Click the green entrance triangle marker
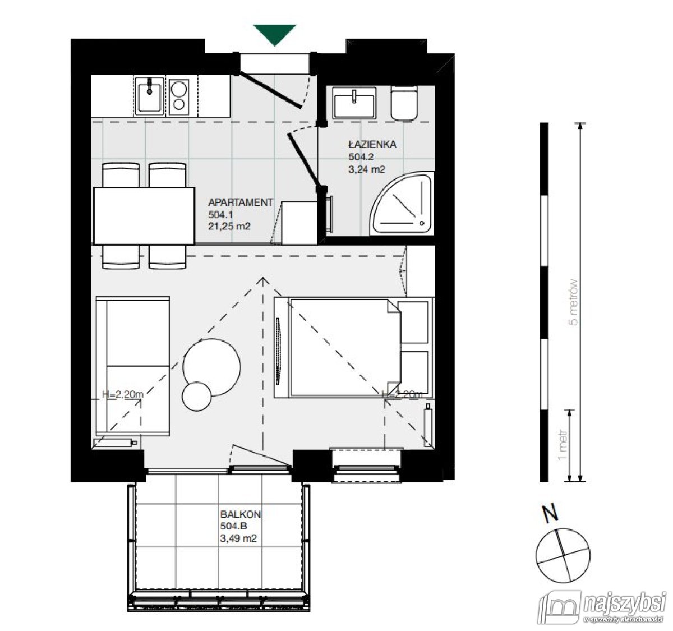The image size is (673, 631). (274, 34)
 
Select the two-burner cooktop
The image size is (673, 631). (180, 96)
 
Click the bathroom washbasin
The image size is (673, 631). (354, 103)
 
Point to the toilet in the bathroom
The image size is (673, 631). (404, 103)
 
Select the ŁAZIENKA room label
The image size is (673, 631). (372, 144)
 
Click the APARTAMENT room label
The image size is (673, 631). (240, 202)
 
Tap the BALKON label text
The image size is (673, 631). (241, 514)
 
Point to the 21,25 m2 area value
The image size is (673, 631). (229, 227)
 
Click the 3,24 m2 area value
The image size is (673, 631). (367, 168)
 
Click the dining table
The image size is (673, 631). (143, 215)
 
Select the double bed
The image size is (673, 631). (342, 348)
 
